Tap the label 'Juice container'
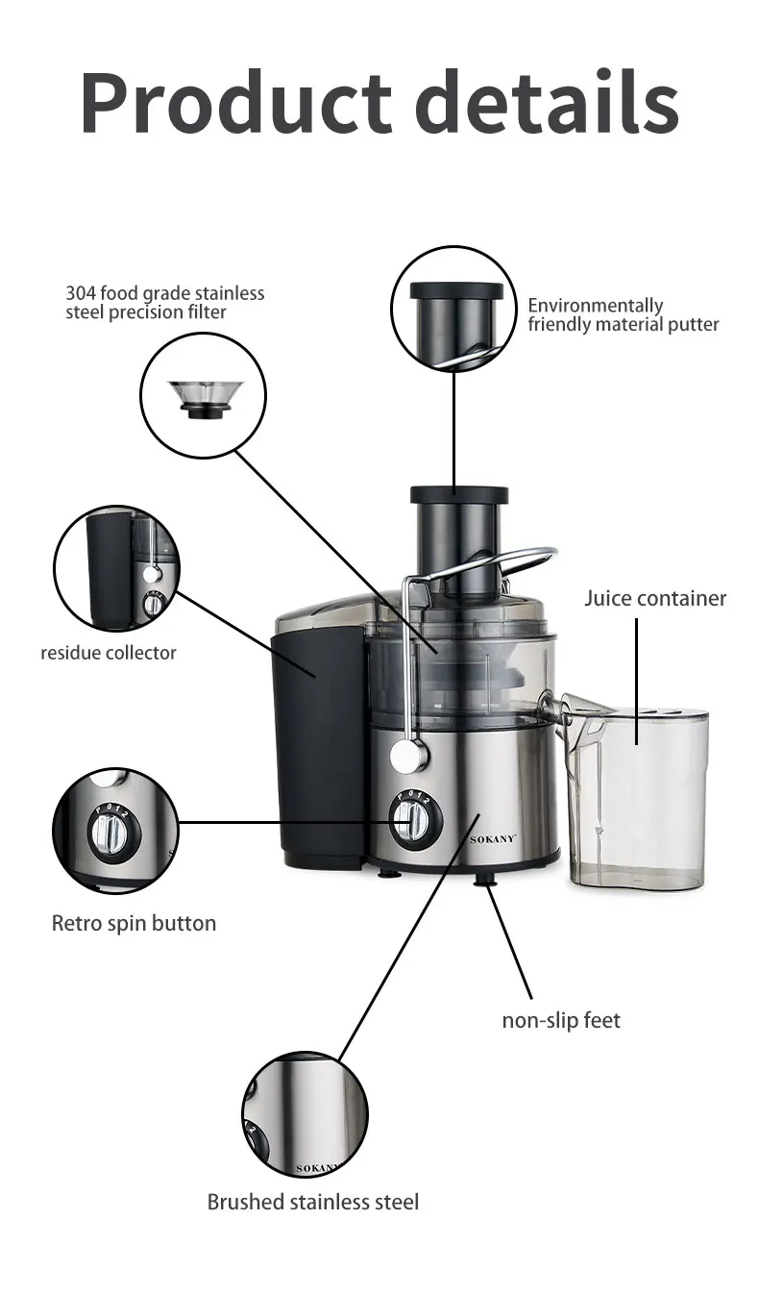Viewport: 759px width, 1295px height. [x=655, y=598]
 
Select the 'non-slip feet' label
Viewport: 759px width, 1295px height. [x=561, y=1019]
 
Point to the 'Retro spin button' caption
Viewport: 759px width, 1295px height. [x=134, y=923]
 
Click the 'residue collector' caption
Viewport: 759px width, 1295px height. [x=109, y=653]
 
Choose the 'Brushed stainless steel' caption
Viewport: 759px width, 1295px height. [x=313, y=1202]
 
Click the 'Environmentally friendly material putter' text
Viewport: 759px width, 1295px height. [x=623, y=315]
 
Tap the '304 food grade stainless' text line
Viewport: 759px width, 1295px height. [x=164, y=293]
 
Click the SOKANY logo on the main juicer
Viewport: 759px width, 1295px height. [x=493, y=838]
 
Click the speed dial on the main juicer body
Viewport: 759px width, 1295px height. [x=415, y=820]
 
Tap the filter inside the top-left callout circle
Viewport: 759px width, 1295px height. [x=204, y=397]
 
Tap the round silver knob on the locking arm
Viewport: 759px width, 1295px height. [x=409, y=756]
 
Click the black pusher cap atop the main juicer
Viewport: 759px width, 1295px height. [x=459, y=495]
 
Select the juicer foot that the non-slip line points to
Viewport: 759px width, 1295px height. [x=485, y=880]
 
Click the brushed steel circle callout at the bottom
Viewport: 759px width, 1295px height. [x=305, y=1114]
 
